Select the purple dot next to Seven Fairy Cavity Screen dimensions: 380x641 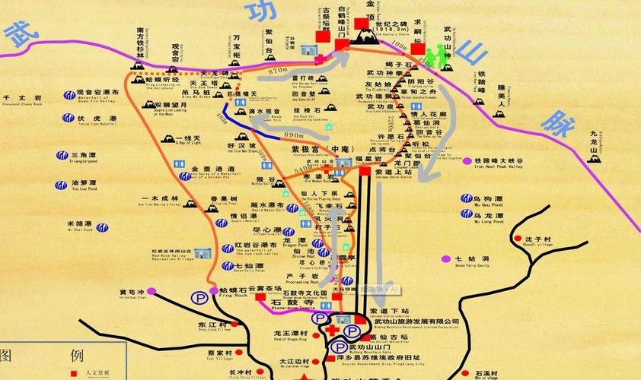pyautogui.click(x=447, y=259)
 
